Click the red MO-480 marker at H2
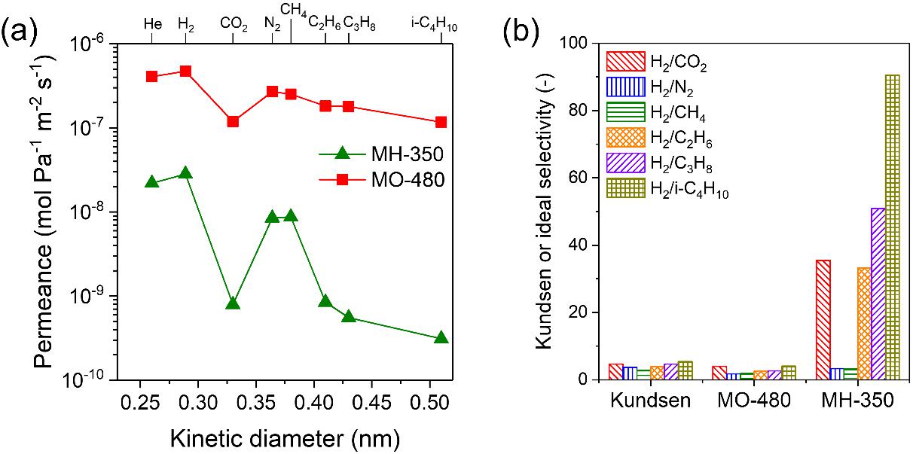tap(185, 72)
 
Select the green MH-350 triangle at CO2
tap(233, 303)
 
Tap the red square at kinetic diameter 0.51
tap(441, 122)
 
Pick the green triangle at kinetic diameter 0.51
tap(441, 338)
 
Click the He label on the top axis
tap(152, 24)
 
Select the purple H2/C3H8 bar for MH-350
tap(878, 294)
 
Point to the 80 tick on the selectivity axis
tap(580, 111)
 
